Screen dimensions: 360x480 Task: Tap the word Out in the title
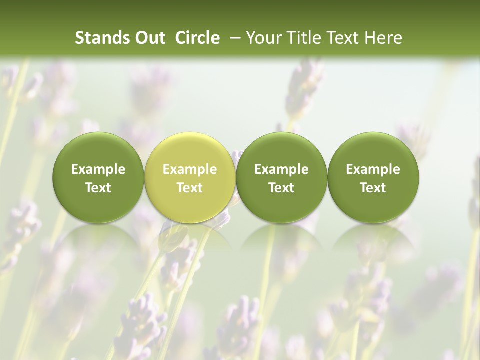coord(149,38)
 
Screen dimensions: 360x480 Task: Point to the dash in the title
coord(234,38)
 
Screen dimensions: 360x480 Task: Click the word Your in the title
coord(262,38)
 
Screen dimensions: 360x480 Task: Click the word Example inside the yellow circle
coord(190,169)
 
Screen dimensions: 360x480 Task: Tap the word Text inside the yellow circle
coord(190,188)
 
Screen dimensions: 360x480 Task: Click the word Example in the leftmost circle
coord(98,169)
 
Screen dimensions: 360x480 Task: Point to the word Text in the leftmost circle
coord(98,188)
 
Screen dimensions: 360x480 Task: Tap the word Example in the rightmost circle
coord(373,169)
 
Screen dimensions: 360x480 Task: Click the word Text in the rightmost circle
coord(373,188)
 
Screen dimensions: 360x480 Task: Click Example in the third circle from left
coord(281,169)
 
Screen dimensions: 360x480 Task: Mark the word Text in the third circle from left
coord(281,188)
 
